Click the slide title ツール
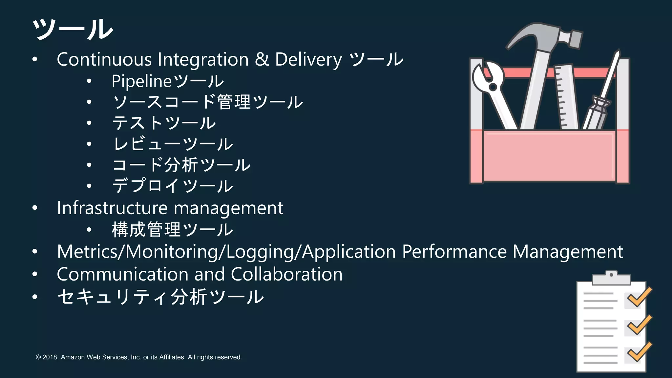point(73,30)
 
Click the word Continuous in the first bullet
point(104,60)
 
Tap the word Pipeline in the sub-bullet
point(141,81)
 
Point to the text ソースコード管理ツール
point(207,102)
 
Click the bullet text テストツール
point(164,123)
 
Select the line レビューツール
point(173,144)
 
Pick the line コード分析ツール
point(181,165)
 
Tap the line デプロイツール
point(173,186)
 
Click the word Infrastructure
point(112,208)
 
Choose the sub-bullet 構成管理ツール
point(173,230)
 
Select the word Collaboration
point(286,274)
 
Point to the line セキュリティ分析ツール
point(160,297)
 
